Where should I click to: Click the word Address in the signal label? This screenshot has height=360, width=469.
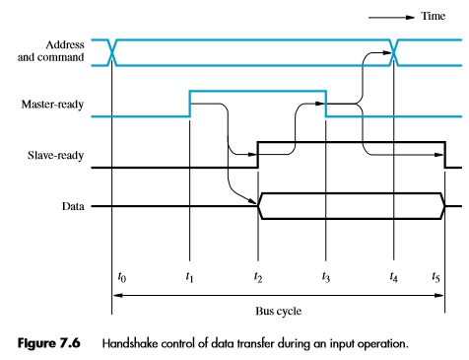coord(66,44)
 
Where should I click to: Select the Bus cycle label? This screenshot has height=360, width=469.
coord(279,309)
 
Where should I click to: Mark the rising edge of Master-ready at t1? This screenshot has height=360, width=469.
coord(189,104)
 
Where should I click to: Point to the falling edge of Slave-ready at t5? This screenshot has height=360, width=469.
coord(444,155)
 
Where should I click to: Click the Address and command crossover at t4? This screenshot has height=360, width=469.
coord(394,52)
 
